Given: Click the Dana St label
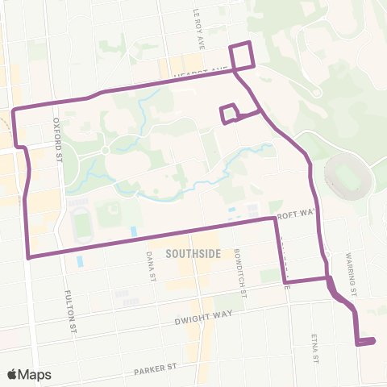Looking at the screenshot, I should [150, 262].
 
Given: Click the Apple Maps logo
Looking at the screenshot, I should [29, 374].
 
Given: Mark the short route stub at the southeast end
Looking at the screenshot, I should [366, 342].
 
